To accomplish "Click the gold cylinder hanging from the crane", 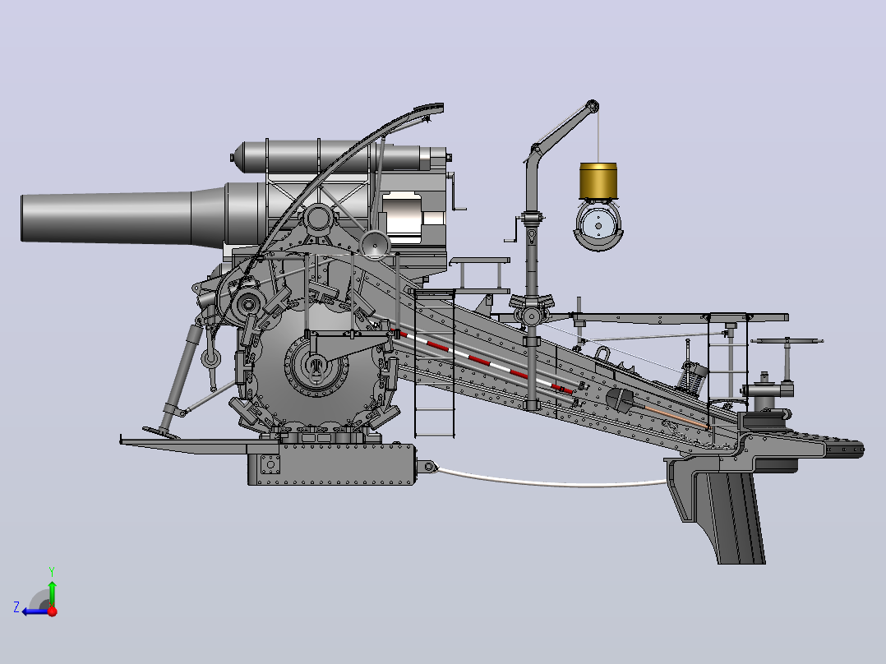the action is click(598, 180).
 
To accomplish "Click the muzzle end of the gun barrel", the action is click(23, 218).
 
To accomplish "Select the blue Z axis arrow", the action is click(35, 611).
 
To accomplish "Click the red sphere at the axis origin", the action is click(53, 611).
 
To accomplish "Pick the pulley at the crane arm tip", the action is click(592, 106).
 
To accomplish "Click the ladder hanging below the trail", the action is click(435, 365).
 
